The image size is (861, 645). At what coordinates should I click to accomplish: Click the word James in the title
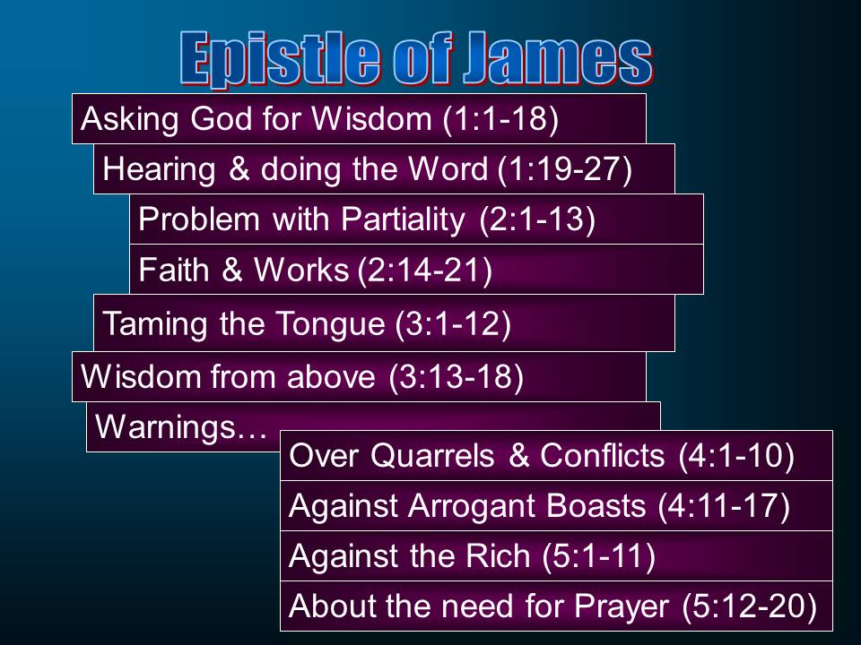pyautogui.click(x=557, y=59)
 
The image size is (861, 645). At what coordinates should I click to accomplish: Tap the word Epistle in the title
pyautogui.click(x=280, y=60)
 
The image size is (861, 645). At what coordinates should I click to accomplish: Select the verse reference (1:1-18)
pyautogui.click(x=500, y=119)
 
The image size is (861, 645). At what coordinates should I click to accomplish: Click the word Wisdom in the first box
pyautogui.click(x=371, y=118)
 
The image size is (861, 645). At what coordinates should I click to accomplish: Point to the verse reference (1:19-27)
pyautogui.click(x=565, y=169)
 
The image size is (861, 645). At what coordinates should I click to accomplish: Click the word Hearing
pyautogui.click(x=159, y=170)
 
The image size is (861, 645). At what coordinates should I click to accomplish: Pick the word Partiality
pyautogui.click(x=403, y=220)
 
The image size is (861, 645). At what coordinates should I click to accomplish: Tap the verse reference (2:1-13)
pyautogui.click(x=537, y=219)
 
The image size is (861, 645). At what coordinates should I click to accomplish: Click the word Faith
pyautogui.click(x=174, y=270)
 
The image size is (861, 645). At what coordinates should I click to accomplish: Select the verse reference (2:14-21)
pyautogui.click(x=424, y=271)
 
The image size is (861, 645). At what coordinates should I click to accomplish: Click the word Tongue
pyautogui.click(x=329, y=323)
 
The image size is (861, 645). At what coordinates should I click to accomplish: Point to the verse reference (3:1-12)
pyautogui.click(x=453, y=323)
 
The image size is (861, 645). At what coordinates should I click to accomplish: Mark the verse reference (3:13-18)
pyautogui.click(x=456, y=377)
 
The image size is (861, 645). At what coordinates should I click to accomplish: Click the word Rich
pyautogui.click(x=498, y=556)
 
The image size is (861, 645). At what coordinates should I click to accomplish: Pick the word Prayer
pyautogui.click(x=622, y=606)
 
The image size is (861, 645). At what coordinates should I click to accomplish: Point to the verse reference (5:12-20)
pyautogui.click(x=750, y=606)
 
